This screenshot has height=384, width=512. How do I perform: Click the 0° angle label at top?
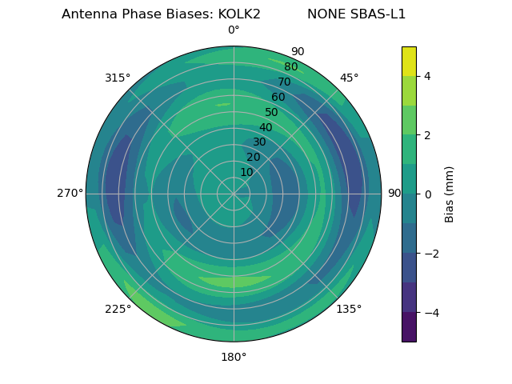[x=234, y=30]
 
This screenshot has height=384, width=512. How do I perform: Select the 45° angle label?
[x=349, y=78]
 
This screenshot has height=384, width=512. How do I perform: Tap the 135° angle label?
[x=349, y=309]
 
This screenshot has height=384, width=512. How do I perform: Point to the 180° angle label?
[x=234, y=357]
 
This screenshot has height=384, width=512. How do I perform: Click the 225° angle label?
[x=118, y=309]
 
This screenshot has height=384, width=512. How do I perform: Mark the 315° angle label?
[x=118, y=78]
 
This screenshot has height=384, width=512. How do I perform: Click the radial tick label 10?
[x=246, y=172]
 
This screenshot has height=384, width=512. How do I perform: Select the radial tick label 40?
[x=266, y=128]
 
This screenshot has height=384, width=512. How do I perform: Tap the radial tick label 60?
[x=278, y=98]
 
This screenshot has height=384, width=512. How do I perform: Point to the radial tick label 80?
[x=291, y=67]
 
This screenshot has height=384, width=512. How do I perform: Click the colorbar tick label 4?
[x=427, y=76]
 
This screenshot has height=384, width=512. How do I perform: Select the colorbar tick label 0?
[x=427, y=194]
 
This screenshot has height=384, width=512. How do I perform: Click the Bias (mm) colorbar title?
[x=450, y=194]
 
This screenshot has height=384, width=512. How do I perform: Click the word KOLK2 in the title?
[x=234, y=14]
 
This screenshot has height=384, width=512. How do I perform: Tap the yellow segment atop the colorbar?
[x=409, y=61]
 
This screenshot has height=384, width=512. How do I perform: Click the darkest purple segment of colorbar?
[x=409, y=327]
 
